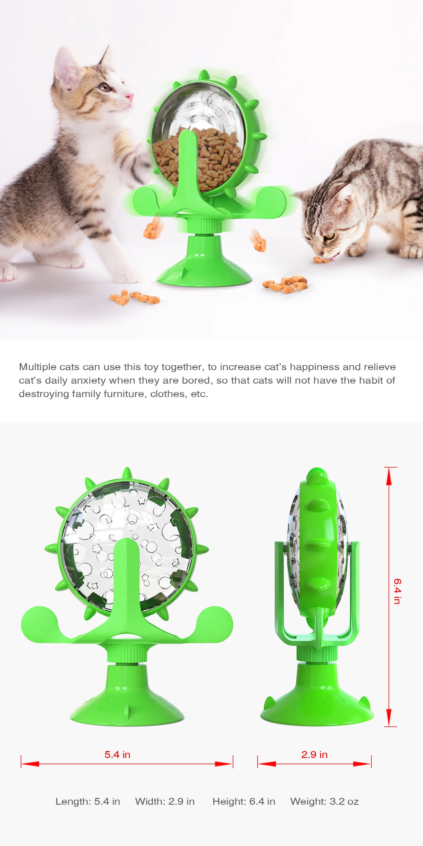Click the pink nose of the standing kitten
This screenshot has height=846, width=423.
coord(130,96)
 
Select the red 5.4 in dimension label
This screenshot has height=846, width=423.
coord(117,755)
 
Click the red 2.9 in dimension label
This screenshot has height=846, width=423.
coord(314,755)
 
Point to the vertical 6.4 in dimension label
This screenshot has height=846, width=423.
coord(397,591)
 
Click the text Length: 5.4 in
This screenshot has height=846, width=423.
coord(88,802)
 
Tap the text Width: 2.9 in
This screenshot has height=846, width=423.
coord(165,802)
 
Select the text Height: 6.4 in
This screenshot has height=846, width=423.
coord(244,802)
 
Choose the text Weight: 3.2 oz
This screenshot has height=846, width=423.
coord(324,802)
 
